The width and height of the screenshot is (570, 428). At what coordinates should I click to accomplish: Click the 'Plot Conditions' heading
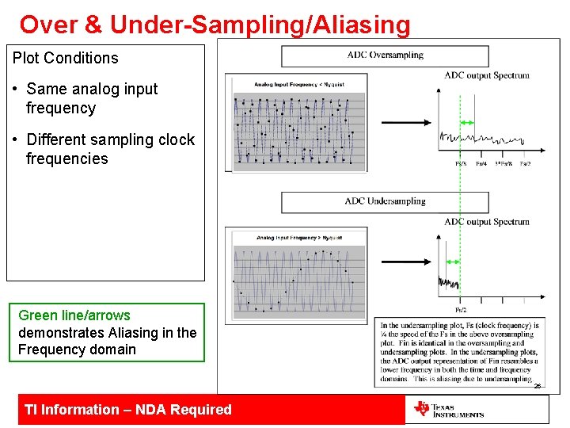tap(66, 58)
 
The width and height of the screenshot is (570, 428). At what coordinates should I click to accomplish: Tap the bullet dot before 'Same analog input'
tap(17, 89)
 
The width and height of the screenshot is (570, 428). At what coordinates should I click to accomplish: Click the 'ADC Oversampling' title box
tap(385, 55)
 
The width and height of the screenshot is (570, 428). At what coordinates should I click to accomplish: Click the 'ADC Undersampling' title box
tap(385, 201)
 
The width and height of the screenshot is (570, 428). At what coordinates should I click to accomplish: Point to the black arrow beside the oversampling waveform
tap(406, 123)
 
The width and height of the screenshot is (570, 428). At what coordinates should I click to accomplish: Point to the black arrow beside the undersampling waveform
tap(406, 261)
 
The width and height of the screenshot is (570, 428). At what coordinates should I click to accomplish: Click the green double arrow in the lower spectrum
tap(452, 262)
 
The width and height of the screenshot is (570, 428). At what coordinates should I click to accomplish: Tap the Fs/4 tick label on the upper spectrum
tap(481, 164)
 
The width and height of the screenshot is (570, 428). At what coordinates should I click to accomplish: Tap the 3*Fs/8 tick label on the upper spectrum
tap(503, 164)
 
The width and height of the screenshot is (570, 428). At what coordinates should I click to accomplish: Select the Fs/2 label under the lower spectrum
tap(460, 310)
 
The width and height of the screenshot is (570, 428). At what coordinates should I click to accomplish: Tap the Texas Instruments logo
tap(448, 410)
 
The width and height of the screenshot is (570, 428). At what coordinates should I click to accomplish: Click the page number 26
tap(537, 386)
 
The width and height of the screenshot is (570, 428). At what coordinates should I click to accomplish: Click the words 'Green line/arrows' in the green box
tap(74, 315)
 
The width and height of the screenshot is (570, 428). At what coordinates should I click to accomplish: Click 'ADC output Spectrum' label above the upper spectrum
tap(486, 75)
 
